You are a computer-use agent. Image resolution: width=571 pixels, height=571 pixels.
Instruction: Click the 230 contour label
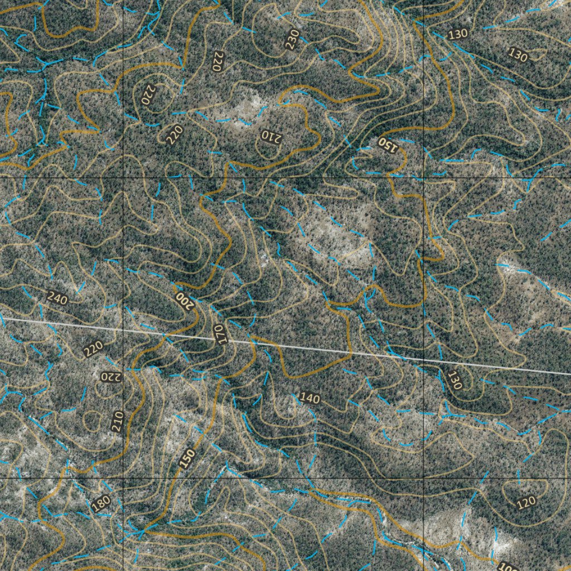292,40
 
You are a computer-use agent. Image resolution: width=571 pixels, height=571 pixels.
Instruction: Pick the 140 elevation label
309,398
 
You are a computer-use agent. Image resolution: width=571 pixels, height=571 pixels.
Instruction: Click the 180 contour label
100,504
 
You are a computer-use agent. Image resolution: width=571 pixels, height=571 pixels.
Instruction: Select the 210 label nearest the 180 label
117,422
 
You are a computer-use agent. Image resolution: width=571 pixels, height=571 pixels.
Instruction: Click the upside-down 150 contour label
388,144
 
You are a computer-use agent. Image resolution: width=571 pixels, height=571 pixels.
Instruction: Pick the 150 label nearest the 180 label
188,459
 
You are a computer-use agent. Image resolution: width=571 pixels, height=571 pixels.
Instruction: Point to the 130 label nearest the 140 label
455,380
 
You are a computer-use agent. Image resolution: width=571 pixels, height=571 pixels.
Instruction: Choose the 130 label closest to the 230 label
457,34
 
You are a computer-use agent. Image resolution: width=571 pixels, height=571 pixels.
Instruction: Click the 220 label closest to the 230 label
217,60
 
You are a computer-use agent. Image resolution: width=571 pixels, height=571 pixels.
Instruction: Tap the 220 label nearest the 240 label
93,349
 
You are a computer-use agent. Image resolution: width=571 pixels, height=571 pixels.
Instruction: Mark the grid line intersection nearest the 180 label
123,478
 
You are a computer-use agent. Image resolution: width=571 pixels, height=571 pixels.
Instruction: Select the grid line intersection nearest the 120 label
424,478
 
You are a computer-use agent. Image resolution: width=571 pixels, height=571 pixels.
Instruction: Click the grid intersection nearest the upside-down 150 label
424,177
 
